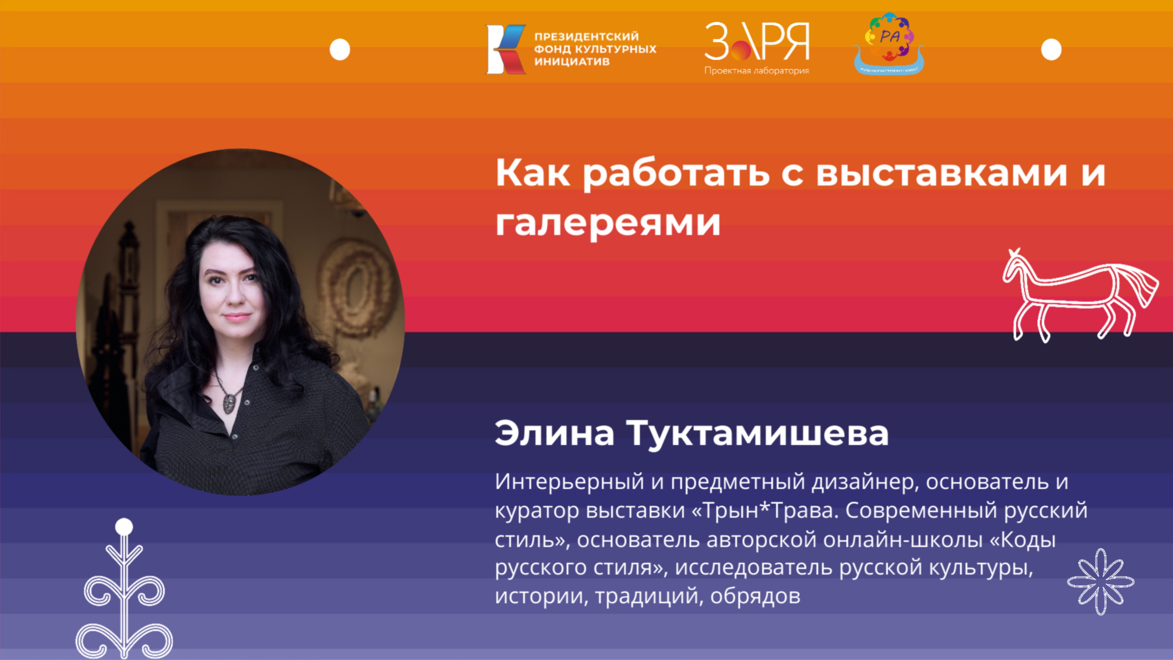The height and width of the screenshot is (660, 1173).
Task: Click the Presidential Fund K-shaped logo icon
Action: pyautogui.click(x=506, y=49)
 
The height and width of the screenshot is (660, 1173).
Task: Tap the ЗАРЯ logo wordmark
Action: pyautogui.click(x=757, y=42)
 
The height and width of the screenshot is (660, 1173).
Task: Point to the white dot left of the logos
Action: pyautogui.click(x=340, y=50)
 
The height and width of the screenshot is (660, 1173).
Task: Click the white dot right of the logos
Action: pyautogui.click(x=1051, y=50)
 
